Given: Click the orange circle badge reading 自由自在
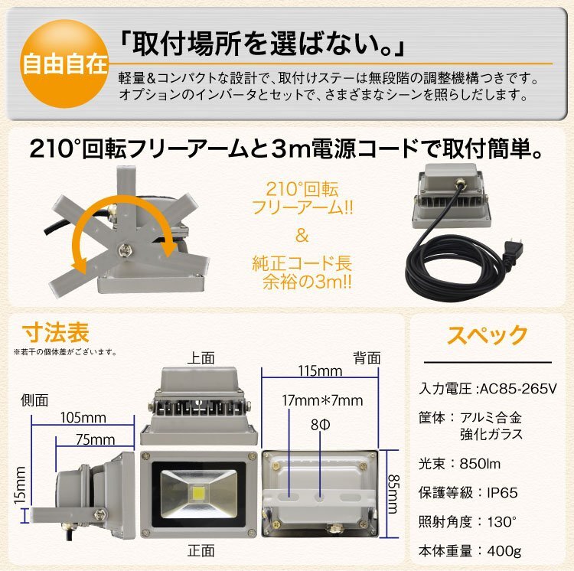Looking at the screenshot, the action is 64,64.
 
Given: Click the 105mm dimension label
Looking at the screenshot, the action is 83,418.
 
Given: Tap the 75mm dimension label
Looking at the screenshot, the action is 95,439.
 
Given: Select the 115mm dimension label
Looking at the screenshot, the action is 320,371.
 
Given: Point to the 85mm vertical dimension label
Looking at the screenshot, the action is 393,494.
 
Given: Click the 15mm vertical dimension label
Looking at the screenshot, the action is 21,485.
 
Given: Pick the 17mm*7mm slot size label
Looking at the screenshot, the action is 322,401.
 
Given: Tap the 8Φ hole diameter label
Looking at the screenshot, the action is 321,425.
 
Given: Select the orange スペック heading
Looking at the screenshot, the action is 488,334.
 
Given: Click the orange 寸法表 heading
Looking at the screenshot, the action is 56,332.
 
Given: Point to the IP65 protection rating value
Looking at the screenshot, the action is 502,493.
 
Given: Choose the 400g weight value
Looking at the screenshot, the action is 504,550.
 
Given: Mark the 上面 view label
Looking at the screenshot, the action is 201,358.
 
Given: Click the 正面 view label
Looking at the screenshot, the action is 201,550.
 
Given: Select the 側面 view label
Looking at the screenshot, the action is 34,400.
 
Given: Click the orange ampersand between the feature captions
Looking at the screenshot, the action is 302,236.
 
